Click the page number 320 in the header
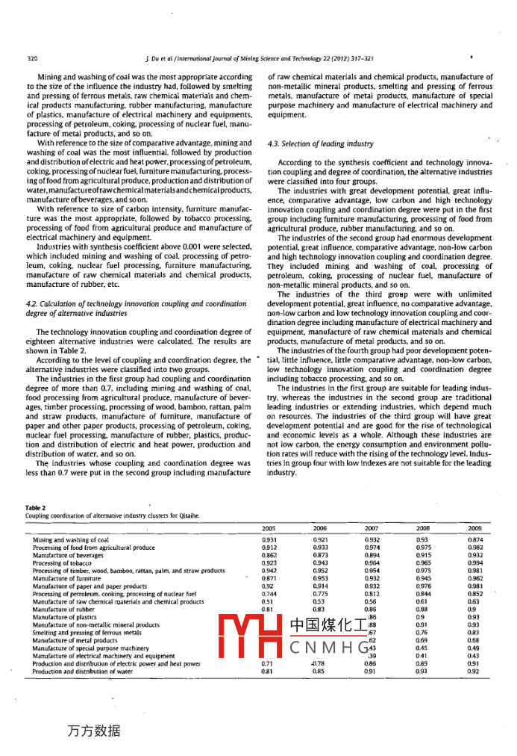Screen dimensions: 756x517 32,58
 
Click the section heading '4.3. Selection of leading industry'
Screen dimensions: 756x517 321,143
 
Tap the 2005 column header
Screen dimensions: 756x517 269,527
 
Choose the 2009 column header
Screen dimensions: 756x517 474,527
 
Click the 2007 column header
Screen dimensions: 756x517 372,527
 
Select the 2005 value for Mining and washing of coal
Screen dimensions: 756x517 269,539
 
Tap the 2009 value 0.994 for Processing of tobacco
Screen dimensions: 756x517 474,563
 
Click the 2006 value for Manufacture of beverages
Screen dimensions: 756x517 320,555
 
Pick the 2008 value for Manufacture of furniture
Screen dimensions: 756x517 422,578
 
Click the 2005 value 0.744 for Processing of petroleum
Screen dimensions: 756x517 269,594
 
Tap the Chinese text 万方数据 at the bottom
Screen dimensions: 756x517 93,730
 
